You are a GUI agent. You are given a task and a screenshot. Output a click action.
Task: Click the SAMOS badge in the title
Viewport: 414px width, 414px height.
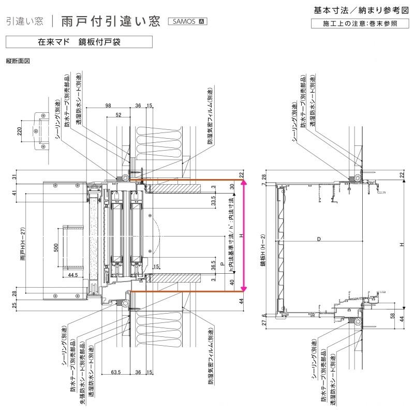(187, 21)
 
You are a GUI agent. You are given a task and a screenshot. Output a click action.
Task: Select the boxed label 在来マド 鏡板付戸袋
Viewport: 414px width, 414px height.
(79, 42)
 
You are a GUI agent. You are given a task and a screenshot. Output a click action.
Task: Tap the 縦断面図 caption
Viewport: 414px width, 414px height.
(18, 61)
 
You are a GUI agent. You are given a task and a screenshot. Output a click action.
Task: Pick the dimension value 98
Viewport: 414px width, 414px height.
(108, 106)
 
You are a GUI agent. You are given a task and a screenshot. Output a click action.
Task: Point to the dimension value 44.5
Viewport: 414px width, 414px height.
(72, 275)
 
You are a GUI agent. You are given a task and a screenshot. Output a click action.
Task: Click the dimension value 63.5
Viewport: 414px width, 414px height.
(116, 372)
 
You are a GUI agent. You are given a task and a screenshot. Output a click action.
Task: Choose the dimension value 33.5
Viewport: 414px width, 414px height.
(213, 201)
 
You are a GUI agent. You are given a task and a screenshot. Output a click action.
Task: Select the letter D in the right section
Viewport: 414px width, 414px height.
(319, 239)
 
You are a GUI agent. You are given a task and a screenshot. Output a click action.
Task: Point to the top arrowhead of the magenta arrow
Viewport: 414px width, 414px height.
(245, 182)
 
